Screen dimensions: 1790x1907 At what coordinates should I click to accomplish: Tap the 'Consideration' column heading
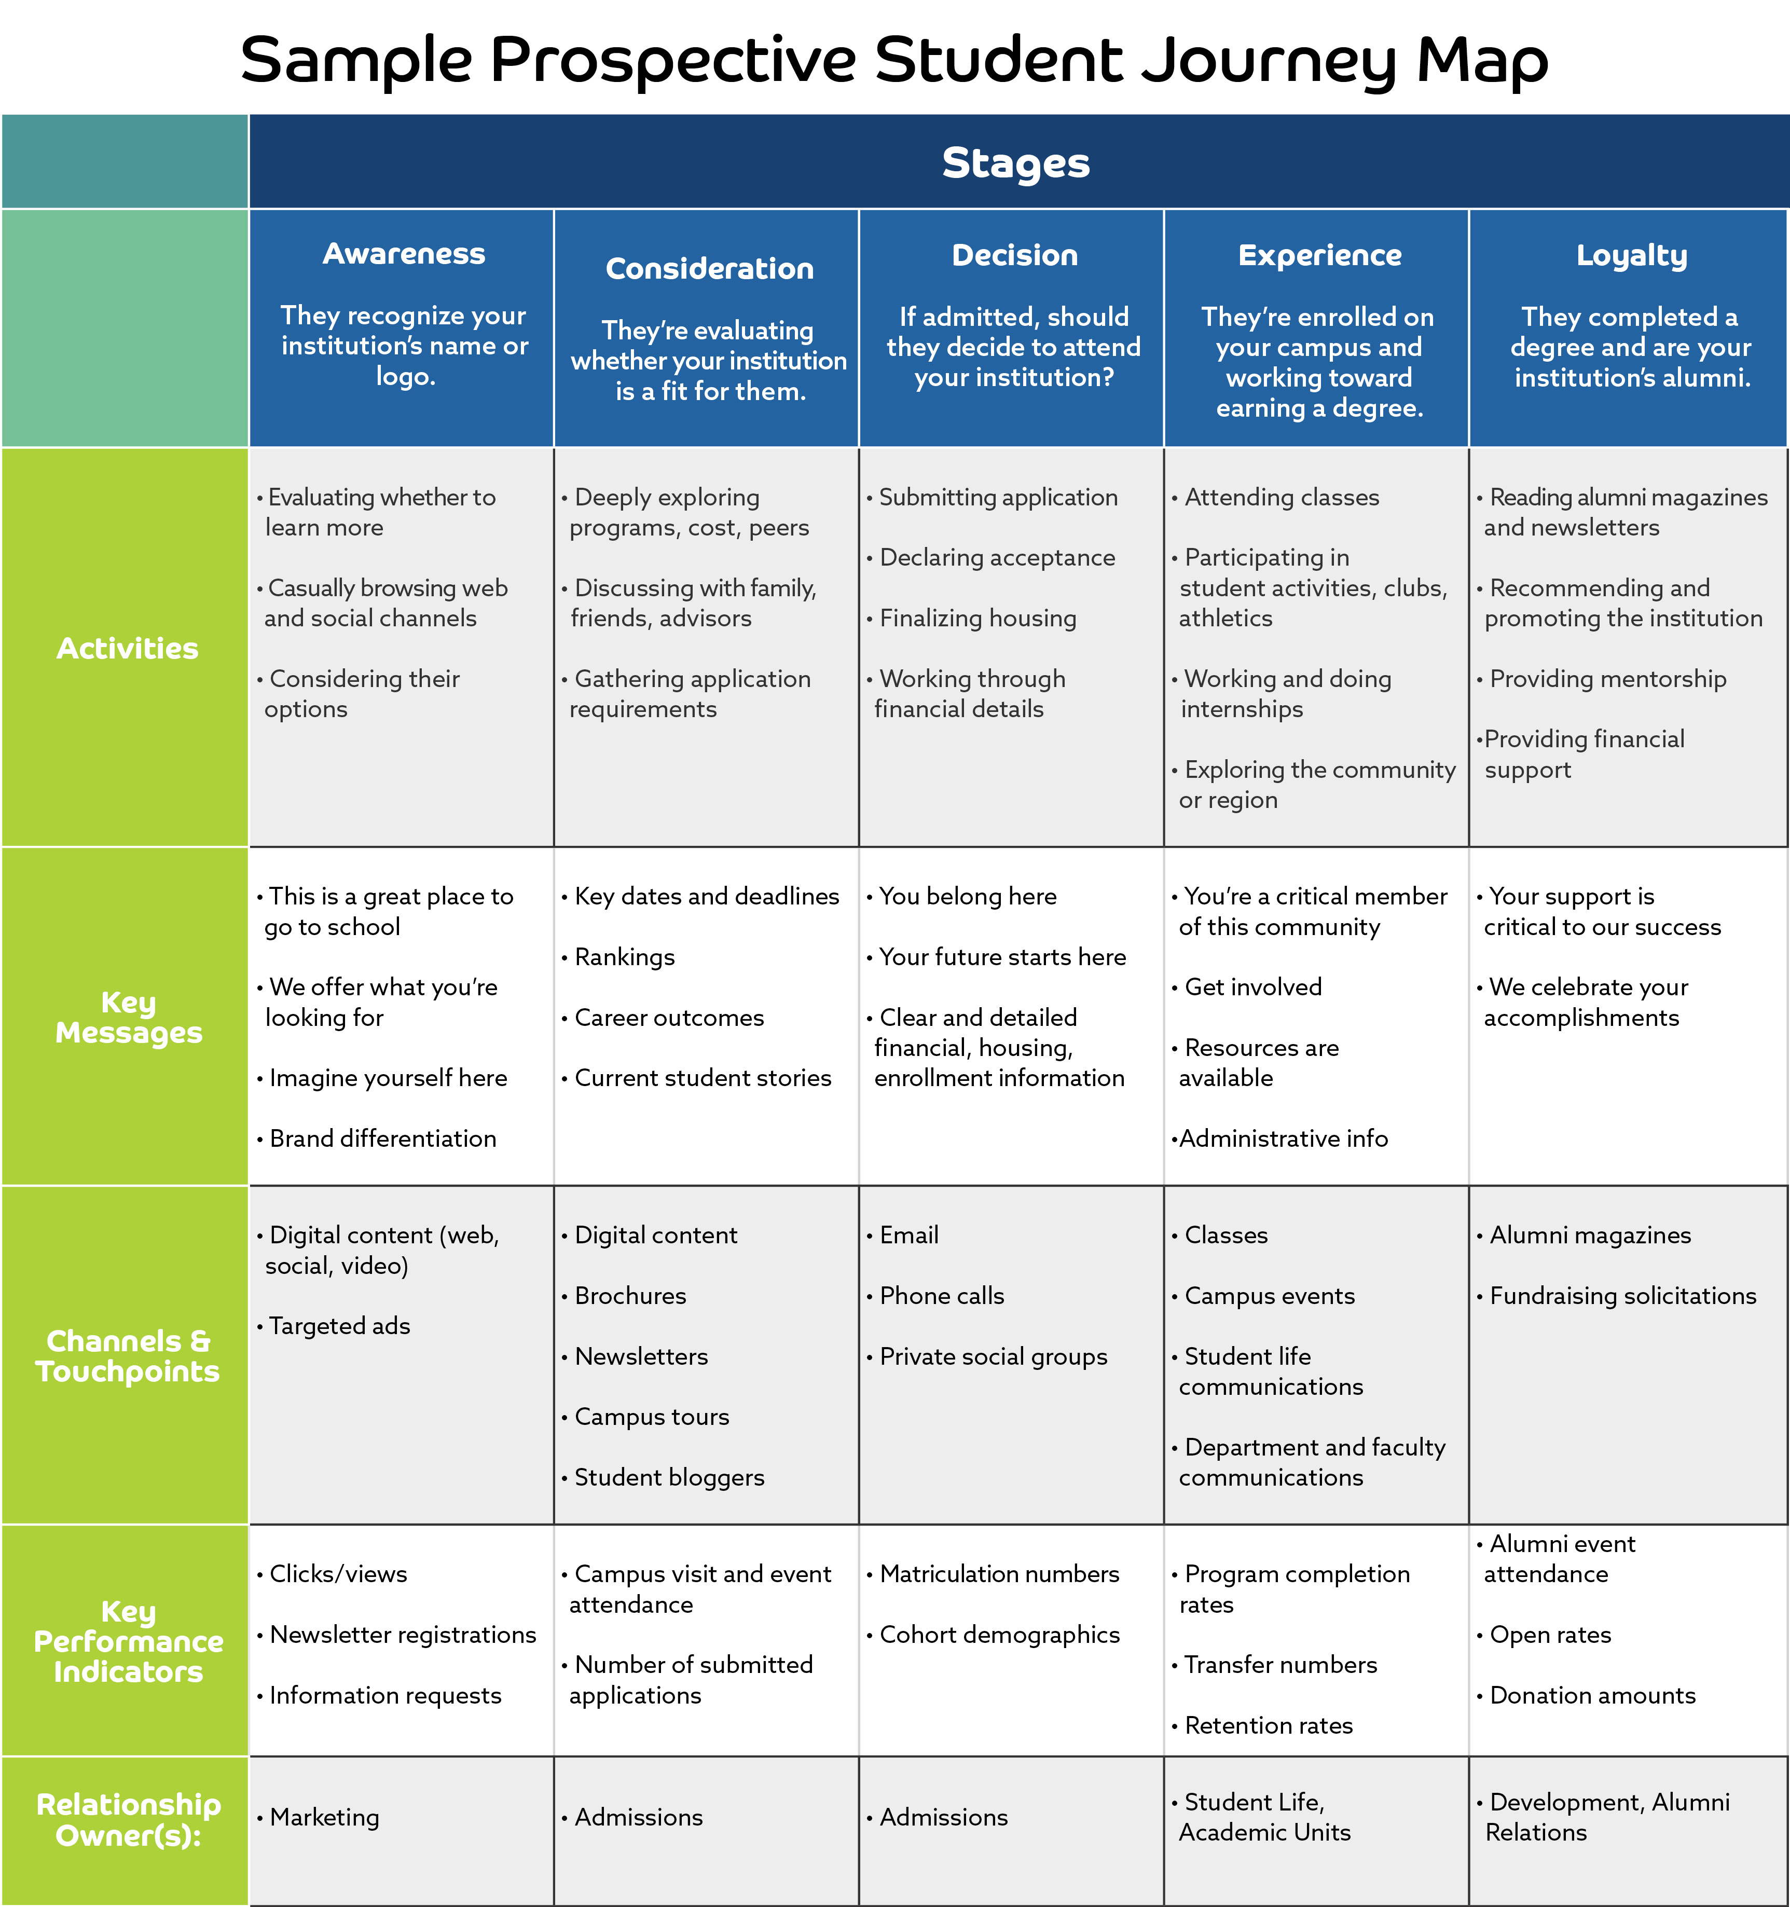(x=710, y=269)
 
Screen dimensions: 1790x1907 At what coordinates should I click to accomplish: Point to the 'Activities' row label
(x=128, y=649)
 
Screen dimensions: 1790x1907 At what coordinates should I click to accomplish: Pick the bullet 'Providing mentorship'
(x=1602, y=679)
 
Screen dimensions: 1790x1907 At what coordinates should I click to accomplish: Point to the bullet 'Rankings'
(x=619, y=957)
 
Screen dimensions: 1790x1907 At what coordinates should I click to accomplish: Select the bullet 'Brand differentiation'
(x=377, y=1138)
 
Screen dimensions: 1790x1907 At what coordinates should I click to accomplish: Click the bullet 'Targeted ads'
(x=334, y=1327)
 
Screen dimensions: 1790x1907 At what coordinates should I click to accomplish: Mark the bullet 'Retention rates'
(x=1262, y=1726)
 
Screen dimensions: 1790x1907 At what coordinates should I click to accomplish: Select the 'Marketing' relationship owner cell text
(x=319, y=1818)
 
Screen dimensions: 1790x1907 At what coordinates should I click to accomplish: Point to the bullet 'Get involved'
(x=1247, y=987)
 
